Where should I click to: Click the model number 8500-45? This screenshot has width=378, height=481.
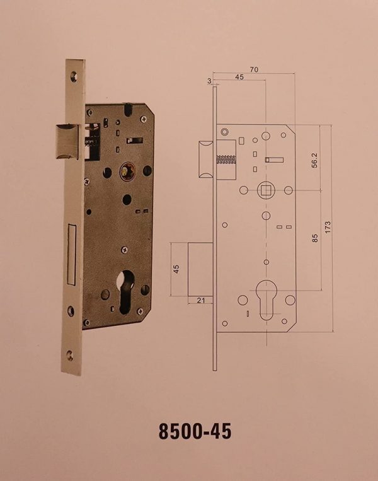point(195,431)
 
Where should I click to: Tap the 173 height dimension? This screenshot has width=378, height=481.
point(328,228)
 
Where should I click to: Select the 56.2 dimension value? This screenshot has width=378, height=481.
point(314,160)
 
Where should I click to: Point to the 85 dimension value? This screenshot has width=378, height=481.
point(315,238)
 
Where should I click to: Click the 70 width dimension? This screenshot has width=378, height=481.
point(254,69)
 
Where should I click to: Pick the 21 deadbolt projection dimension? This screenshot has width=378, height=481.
point(201,300)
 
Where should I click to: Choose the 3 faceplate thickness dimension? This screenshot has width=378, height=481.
point(209,81)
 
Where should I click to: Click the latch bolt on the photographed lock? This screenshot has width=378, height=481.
point(67,141)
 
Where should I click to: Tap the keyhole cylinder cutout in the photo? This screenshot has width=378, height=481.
point(126,292)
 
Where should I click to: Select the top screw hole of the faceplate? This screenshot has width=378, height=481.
point(74,76)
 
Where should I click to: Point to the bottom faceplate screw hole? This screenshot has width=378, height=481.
point(70,356)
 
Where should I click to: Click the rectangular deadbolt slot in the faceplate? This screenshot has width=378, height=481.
point(71,255)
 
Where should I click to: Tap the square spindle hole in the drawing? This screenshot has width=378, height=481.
point(266,190)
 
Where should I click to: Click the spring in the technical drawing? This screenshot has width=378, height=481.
point(226,159)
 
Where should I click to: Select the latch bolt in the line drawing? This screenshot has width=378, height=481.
point(207,159)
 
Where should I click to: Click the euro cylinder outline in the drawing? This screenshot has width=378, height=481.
point(266,299)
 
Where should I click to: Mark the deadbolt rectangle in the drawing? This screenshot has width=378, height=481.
point(200,269)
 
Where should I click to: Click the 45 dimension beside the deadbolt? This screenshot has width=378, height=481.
point(176,269)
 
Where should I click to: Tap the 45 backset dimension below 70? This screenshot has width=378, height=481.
point(239,77)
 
